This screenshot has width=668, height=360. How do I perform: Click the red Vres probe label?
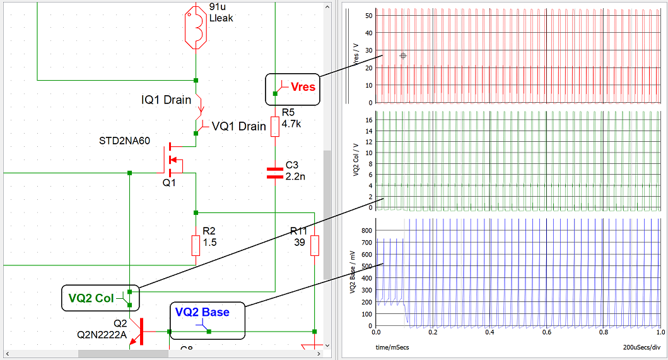303,87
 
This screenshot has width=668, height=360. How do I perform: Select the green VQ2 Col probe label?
91,298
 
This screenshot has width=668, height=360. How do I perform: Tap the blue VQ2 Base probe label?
202,311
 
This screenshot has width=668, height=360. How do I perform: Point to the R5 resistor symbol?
275,126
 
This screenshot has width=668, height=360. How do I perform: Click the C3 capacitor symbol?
275,173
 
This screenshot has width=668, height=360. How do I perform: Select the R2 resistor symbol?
196,245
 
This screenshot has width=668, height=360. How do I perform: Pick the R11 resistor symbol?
315,245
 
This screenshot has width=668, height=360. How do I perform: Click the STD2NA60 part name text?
125,141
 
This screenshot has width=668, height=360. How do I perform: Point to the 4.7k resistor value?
291,124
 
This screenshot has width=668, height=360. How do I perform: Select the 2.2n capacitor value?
296,176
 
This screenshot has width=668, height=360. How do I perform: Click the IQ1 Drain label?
167,100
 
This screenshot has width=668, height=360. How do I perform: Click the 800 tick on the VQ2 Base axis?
366,230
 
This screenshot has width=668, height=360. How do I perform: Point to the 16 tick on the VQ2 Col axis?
368,119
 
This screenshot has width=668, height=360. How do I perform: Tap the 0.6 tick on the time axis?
547,332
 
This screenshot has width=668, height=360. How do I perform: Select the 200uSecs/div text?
642,347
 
